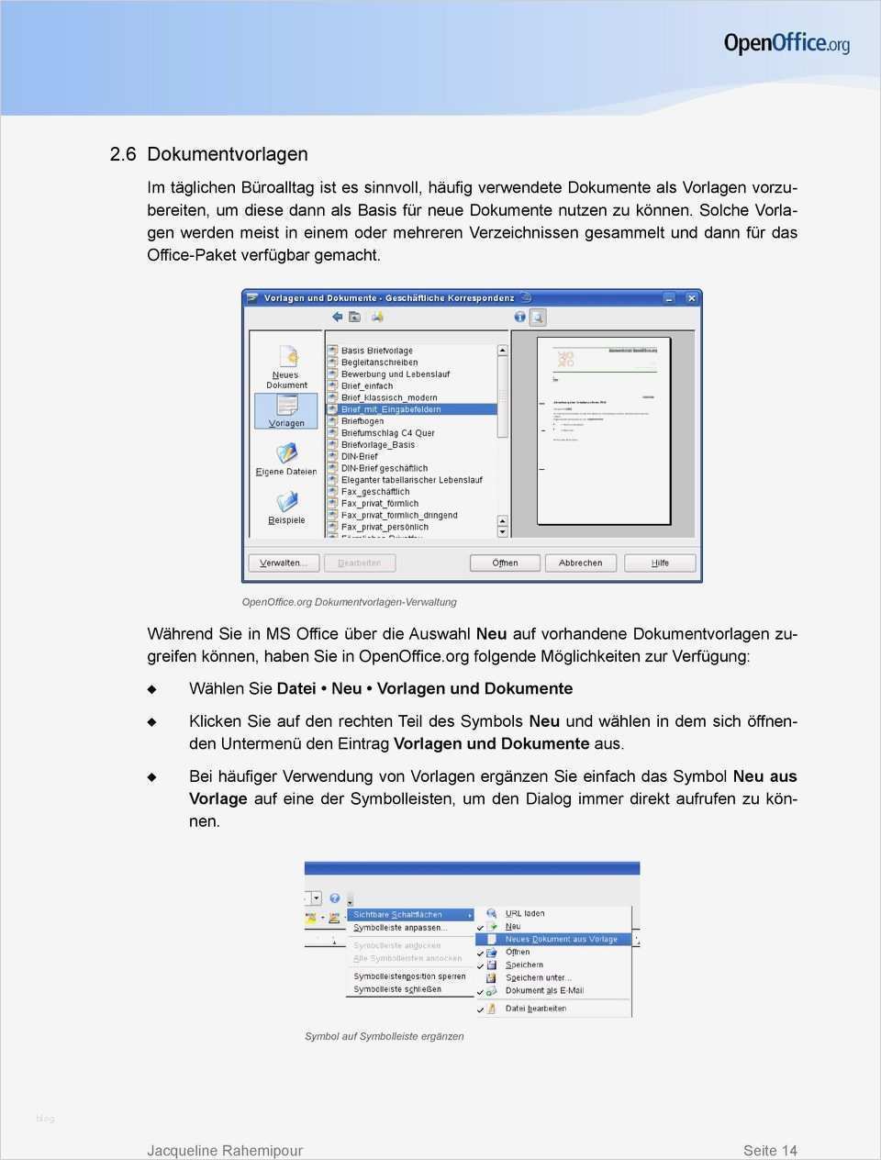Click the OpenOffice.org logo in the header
(x=786, y=43)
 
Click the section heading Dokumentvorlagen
(x=227, y=154)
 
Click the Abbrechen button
(x=580, y=563)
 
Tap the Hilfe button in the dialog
(x=660, y=563)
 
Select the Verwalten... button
(x=283, y=563)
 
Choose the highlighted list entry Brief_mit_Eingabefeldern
(x=391, y=409)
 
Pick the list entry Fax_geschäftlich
(x=375, y=492)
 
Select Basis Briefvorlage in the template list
(x=376, y=351)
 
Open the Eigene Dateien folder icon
(x=287, y=453)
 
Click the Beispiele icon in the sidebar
(x=287, y=502)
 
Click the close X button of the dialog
(x=692, y=298)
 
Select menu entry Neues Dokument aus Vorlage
(x=561, y=939)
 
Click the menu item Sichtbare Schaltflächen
(x=397, y=915)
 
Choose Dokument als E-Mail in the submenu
(x=544, y=990)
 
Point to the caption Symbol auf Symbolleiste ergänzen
(x=385, y=1036)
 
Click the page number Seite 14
(x=770, y=1150)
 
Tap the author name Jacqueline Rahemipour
(x=225, y=1150)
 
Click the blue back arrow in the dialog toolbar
(x=337, y=318)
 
